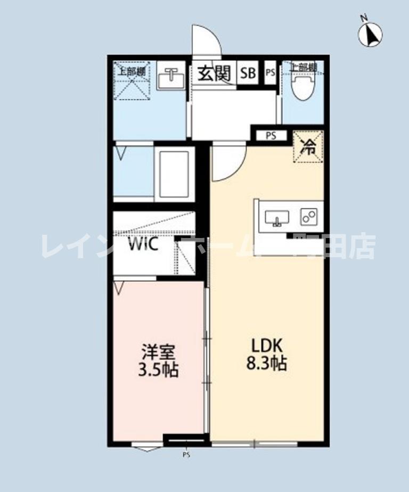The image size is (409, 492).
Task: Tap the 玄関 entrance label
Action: pyautogui.click(x=214, y=73)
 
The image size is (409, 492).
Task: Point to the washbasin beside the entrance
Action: pyautogui.click(x=171, y=79)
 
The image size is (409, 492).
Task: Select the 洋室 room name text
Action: pyautogui.click(x=158, y=352)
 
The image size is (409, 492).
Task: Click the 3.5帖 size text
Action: pyautogui.click(x=158, y=369)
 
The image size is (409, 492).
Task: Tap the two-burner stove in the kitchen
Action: pyautogui.click(x=309, y=216)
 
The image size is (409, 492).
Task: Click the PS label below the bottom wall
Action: pyautogui.click(x=186, y=455)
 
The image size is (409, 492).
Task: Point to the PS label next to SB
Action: pyautogui.click(x=271, y=73)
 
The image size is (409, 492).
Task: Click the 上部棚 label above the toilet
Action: pyautogui.click(x=303, y=67)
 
